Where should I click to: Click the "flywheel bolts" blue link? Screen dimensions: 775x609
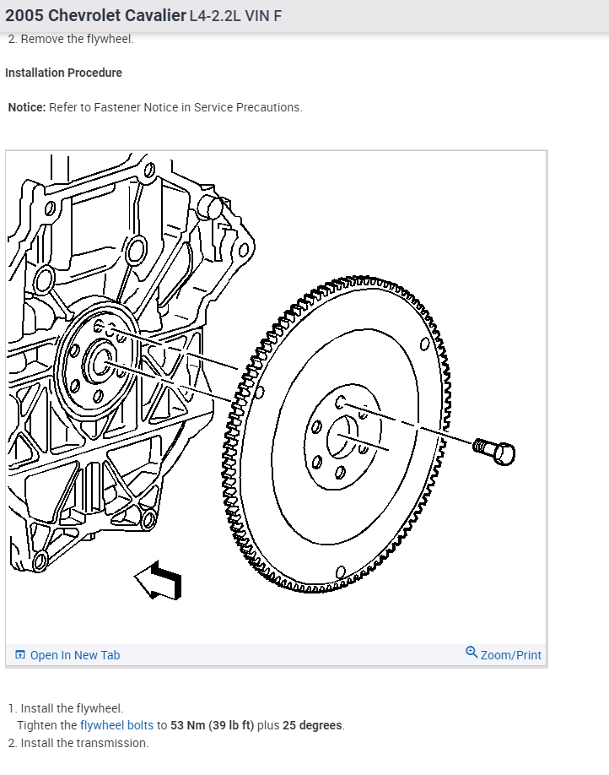tap(116, 725)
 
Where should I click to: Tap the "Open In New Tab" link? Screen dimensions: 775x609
tap(75, 655)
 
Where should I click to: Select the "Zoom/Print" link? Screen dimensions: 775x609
tap(510, 655)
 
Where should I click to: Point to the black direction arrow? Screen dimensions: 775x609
tap(159, 581)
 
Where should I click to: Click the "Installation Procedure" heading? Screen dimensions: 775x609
tap(63, 73)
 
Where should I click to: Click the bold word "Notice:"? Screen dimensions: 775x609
tap(27, 107)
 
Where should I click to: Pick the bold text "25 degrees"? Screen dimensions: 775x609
tap(312, 725)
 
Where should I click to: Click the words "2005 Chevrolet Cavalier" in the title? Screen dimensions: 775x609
tap(95, 16)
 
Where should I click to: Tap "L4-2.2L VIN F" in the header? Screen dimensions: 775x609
tap(235, 16)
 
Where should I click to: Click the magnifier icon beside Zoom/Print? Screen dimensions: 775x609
tap(472, 653)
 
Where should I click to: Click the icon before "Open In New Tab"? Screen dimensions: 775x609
tap(20, 655)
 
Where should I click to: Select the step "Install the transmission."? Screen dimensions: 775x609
tap(84, 743)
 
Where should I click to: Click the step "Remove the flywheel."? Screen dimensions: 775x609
tap(77, 39)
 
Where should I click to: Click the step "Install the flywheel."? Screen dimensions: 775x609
tap(72, 708)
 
